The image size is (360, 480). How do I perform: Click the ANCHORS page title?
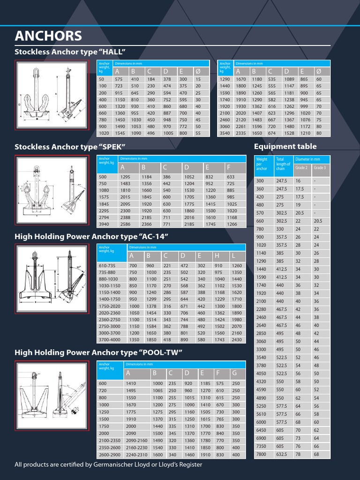[48, 36]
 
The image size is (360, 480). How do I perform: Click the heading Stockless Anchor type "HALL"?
[71, 52]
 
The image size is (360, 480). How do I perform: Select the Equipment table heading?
[285, 147]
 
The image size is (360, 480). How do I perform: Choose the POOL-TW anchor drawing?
[52, 395]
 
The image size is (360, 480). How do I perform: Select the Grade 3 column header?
[320, 167]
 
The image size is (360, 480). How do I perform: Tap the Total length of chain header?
[283, 164]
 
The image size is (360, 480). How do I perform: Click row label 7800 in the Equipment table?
[261, 454]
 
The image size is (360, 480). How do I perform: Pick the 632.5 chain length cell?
[282, 454]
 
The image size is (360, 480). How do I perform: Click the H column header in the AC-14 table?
[217, 256]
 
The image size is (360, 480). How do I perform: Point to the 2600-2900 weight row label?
[110, 455]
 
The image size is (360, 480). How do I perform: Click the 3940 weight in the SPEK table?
[104, 225]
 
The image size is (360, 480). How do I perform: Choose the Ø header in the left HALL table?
[198, 71]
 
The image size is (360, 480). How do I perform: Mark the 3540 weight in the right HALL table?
[225, 133]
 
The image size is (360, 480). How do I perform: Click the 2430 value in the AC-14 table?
[237, 339]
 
